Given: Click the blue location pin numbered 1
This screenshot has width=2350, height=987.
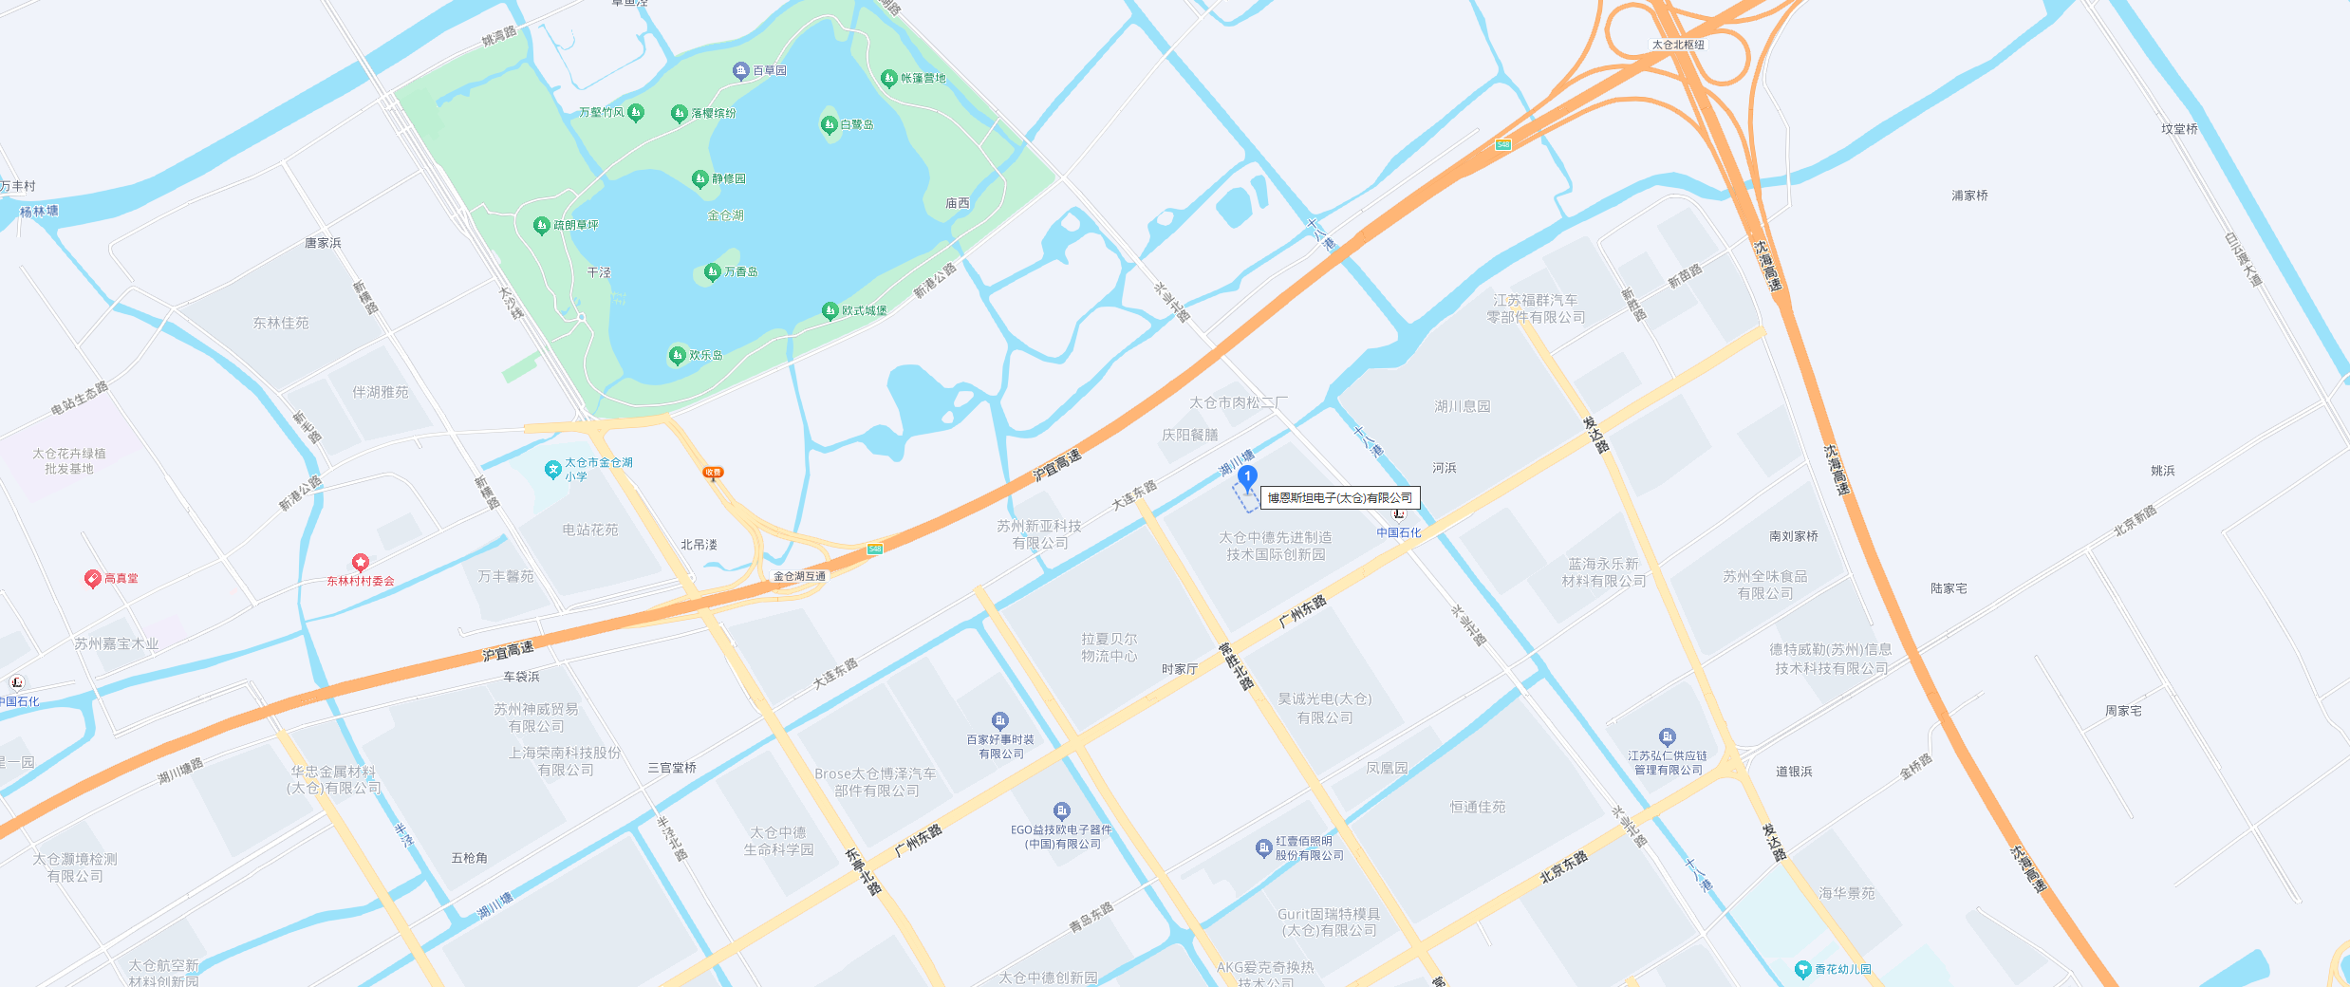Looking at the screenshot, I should (1247, 476).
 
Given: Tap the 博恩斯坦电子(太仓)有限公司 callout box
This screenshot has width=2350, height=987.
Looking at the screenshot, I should (1339, 497).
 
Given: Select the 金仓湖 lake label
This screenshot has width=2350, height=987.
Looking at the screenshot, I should (725, 215).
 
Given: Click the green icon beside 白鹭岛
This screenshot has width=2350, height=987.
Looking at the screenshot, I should (829, 124).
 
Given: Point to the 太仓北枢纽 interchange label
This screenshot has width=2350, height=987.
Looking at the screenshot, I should (1678, 45).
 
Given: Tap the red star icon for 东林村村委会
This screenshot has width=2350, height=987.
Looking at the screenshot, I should (360, 563).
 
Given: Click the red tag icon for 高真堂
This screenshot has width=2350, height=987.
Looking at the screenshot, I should (92, 578).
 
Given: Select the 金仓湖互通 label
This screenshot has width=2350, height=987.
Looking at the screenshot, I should (799, 576).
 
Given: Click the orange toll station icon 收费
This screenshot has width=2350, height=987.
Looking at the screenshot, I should (713, 473).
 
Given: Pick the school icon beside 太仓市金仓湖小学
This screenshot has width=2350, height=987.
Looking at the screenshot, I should (552, 469).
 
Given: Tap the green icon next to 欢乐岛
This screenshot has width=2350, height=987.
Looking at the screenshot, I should (677, 355).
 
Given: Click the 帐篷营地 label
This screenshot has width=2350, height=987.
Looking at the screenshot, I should (923, 78).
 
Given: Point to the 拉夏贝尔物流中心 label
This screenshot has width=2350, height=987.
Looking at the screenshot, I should (1109, 647).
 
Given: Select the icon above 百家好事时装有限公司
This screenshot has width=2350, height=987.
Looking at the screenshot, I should (999, 720).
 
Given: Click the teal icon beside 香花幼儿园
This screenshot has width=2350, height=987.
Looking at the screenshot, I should (1802, 969).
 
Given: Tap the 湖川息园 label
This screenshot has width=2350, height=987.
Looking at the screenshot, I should (1462, 406).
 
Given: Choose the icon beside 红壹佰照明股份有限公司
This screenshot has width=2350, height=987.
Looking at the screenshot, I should (1263, 847).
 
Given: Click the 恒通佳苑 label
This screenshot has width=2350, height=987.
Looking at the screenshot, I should (1477, 807).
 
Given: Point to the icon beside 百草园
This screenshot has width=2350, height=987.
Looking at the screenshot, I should (741, 70).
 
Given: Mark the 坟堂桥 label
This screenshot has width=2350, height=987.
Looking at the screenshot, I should (2179, 129).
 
